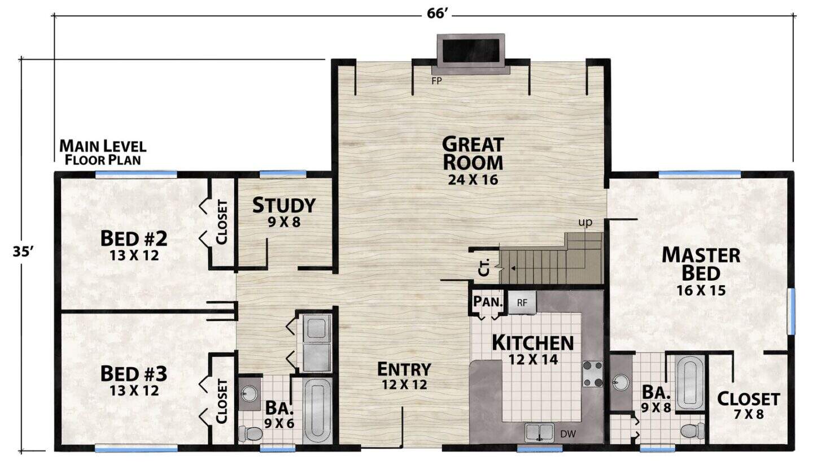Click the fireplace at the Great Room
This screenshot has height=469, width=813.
point(470,54)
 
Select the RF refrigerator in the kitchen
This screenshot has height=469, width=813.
point(522,302)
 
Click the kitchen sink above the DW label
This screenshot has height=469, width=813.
point(539,433)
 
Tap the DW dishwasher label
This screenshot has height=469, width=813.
point(568,434)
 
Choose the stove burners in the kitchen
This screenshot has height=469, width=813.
point(592,374)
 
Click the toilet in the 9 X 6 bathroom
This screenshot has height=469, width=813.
point(251,433)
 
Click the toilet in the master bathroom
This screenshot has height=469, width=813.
point(693,431)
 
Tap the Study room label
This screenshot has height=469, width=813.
point(284,205)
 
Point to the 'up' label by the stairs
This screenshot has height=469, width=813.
point(585,222)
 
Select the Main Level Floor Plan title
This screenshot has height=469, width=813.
point(103,153)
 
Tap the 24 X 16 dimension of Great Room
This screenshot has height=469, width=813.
point(473,180)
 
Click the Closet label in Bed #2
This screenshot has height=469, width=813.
point(222,222)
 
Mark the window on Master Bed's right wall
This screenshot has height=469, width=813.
point(790,311)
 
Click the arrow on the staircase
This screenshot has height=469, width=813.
point(513,268)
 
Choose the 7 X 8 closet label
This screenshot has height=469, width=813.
point(749,414)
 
